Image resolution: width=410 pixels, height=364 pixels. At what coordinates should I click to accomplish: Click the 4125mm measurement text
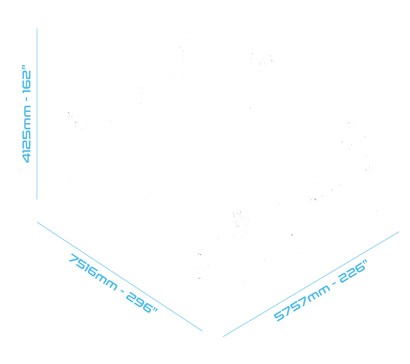[x=26, y=134]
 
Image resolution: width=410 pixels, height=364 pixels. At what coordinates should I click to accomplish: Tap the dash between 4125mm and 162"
[x=26, y=99]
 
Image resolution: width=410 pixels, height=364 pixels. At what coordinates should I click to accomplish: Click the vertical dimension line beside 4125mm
[x=37, y=114]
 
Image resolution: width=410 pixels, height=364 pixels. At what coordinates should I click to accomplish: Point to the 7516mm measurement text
[x=93, y=272]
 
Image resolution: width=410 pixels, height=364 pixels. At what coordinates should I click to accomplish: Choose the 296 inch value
[x=142, y=303]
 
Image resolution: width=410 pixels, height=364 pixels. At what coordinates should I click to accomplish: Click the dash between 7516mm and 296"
[x=122, y=291]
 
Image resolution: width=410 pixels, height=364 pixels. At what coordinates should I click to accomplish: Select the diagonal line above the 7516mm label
[x=119, y=277]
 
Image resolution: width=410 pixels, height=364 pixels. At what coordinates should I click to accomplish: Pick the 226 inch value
[x=352, y=271]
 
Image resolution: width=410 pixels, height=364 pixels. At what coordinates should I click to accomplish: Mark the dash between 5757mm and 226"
[x=334, y=283]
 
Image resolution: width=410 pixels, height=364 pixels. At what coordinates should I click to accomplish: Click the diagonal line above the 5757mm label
[x=311, y=284]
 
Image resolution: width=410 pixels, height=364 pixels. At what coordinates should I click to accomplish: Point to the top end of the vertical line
[x=37, y=28]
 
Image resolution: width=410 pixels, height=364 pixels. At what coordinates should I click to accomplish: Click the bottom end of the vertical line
[x=37, y=199]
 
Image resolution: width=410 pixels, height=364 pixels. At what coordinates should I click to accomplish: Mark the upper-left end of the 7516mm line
[x=37, y=222]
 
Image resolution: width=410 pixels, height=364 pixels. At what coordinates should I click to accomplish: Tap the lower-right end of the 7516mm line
[x=202, y=331]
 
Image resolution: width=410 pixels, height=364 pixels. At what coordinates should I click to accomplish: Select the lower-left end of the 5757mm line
[x=223, y=337]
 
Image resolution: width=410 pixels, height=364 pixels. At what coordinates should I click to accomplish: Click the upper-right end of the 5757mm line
[x=399, y=232]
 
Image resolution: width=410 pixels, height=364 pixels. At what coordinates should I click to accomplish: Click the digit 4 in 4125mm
[x=26, y=159]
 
